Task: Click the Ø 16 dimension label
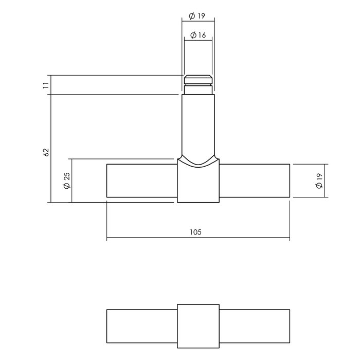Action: (x=197, y=35)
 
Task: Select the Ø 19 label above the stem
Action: (x=197, y=16)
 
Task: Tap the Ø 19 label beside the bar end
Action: (x=319, y=180)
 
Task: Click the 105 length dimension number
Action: (x=195, y=232)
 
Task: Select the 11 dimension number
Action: (x=46, y=85)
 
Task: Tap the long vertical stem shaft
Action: (x=198, y=123)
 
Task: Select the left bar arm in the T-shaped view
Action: (x=141, y=180)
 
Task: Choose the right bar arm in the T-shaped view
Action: (x=255, y=180)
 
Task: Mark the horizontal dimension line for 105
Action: (x=154, y=239)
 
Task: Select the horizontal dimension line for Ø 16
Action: (x=198, y=41)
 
